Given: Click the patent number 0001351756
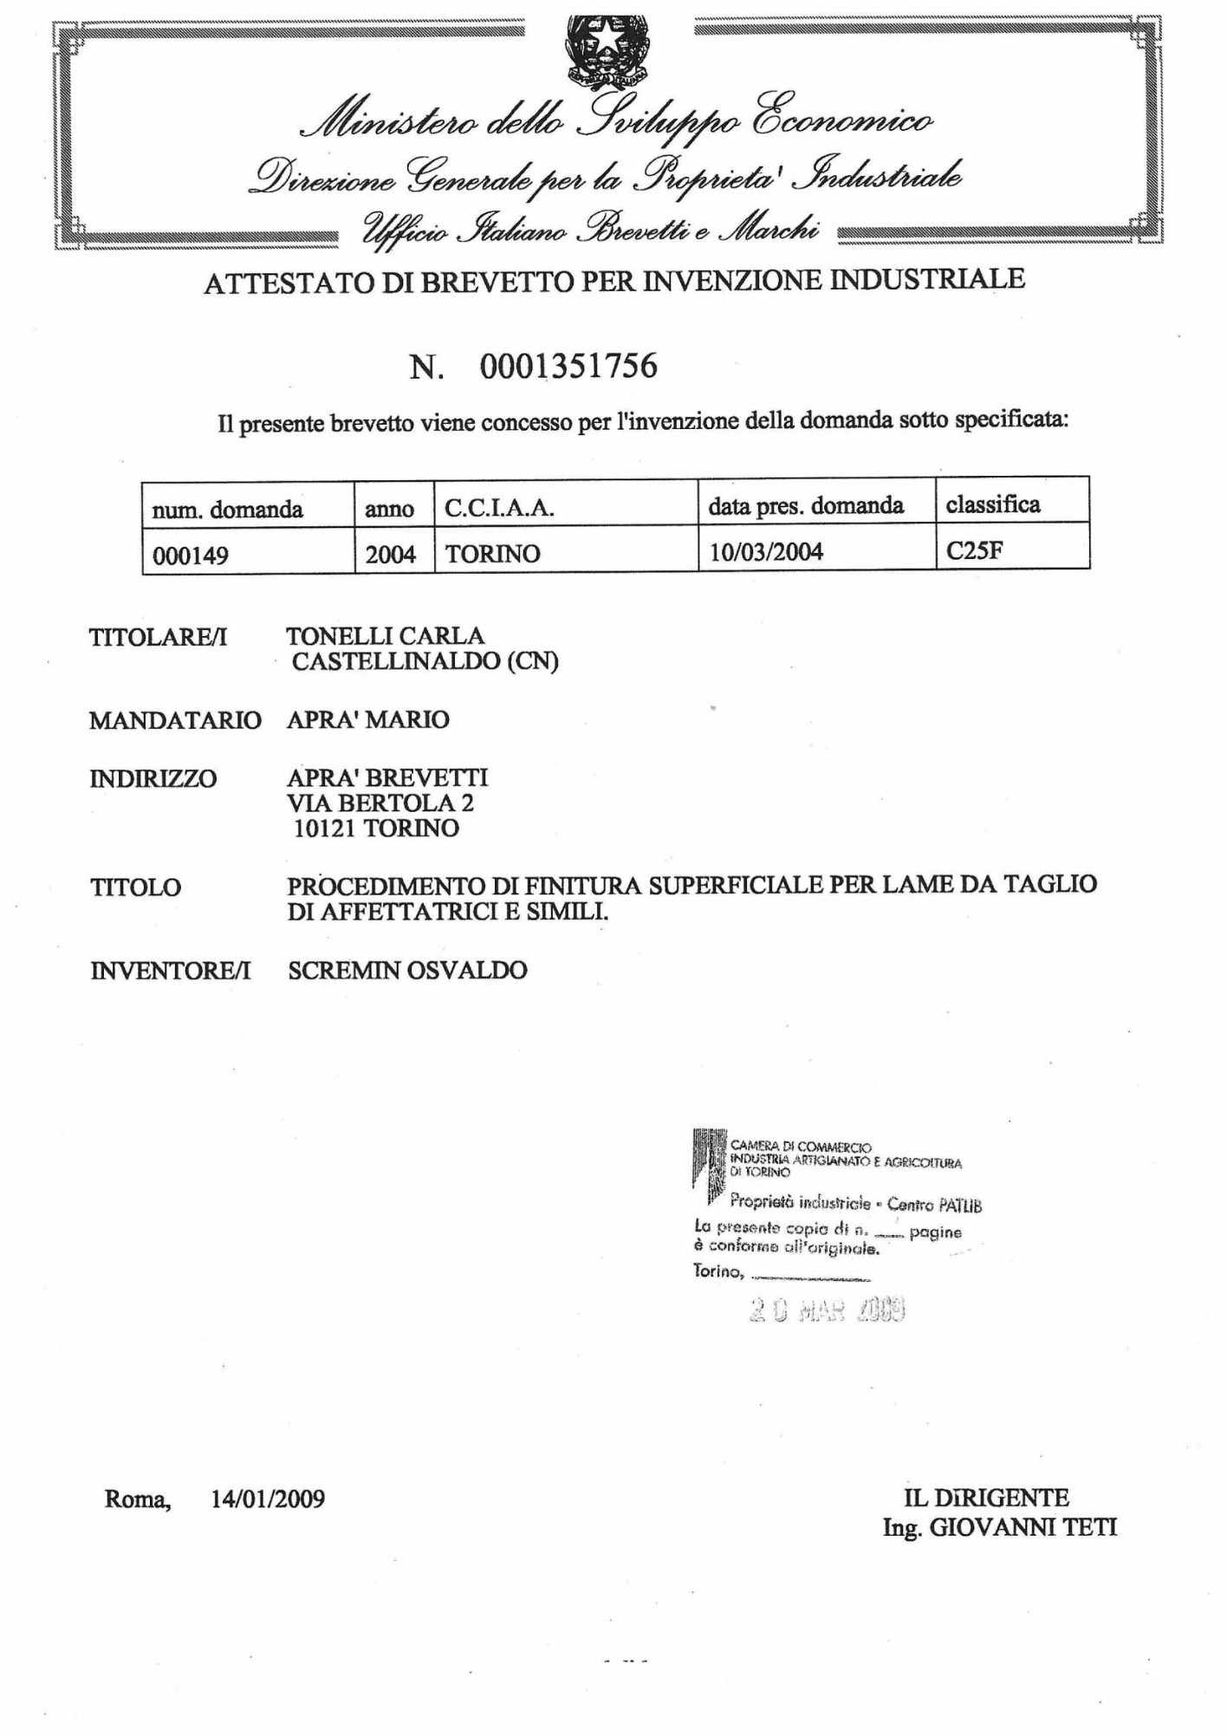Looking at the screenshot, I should [568, 366].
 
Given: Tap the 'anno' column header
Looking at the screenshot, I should [389, 509].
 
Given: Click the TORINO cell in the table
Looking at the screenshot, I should [492, 554].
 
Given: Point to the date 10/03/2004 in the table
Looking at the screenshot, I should [766, 551].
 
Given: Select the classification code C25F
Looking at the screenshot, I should [974, 550].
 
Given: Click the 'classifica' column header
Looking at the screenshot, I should [992, 504].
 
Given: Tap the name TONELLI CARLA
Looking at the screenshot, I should [385, 636].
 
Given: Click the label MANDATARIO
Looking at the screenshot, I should [175, 720].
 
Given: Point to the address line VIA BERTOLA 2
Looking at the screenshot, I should [380, 803].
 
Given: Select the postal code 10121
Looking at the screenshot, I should [325, 829].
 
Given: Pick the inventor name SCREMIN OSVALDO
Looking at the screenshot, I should [407, 970].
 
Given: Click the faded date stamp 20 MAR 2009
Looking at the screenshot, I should [827, 1310].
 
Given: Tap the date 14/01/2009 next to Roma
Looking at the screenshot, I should [268, 1499].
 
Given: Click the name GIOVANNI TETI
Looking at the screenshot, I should [1022, 1527].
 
